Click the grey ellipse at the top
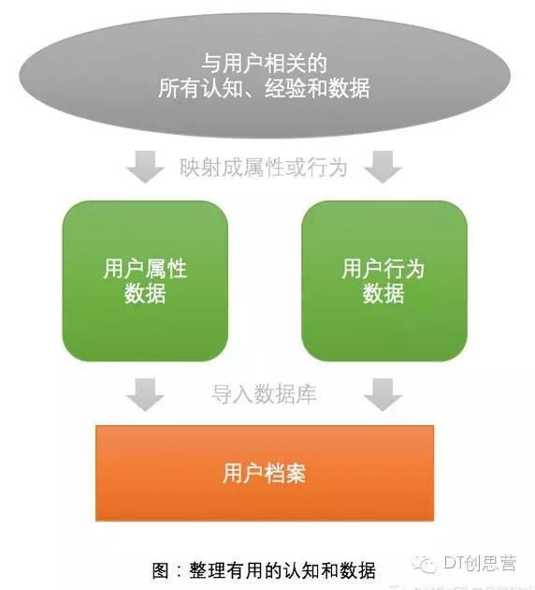tap(265, 75)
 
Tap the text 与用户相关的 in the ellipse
tap(265, 64)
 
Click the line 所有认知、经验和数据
tap(264, 88)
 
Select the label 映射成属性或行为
tap(263, 167)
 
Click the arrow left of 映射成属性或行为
tap(145, 167)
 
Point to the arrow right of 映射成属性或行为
tap(383, 167)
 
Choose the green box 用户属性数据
tap(145, 281)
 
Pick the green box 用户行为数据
tap(384, 281)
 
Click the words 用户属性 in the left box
tap(145, 269)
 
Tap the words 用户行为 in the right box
tap(383, 269)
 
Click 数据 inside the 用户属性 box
tap(145, 293)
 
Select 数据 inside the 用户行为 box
tap(383, 293)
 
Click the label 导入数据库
tap(264, 394)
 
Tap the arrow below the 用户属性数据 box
tap(145, 394)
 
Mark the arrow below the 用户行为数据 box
tap(383, 394)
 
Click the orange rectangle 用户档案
tap(265, 473)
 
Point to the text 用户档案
tap(264, 473)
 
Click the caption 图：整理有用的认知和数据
tap(264, 571)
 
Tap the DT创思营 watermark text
tap(480, 563)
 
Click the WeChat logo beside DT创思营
tap(424, 565)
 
